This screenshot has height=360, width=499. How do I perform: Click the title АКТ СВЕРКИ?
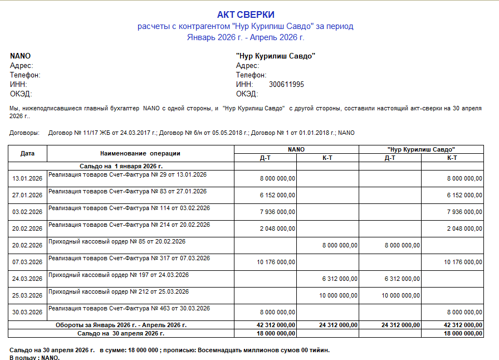tap(246, 15)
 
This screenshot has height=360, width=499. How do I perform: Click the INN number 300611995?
tap(286, 84)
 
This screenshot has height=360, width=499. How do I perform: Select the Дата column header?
tap(27, 153)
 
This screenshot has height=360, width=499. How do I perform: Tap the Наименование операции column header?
tap(140, 153)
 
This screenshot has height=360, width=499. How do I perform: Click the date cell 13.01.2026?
tap(27, 178)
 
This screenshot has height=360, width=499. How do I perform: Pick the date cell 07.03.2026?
tap(27, 262)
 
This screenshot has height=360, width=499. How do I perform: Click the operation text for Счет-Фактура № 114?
tap(129, 208)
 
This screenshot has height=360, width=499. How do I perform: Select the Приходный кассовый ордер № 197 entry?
tap(119, 275)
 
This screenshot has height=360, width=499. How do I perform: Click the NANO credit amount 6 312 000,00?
tap(340, 279)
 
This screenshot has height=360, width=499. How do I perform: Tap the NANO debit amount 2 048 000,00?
tap(277, 228)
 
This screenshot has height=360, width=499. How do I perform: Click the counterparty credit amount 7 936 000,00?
tap(464, 212)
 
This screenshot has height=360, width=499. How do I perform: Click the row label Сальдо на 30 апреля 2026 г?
tap(121, 333)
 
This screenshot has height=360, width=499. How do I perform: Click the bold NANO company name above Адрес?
tap(20, 56)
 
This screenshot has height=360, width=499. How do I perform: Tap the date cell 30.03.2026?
tap(27, 312)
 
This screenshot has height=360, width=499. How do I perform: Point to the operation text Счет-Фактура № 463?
tap(129, 308)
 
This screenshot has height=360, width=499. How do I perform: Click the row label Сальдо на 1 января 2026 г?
tap(121, 166)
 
